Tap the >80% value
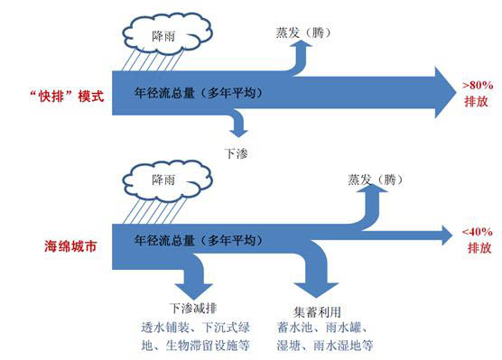point(476,84)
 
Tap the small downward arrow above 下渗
point(237,125)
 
